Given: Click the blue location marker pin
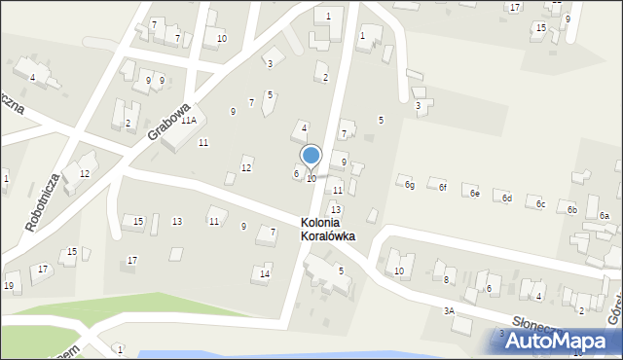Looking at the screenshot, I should (311, 156).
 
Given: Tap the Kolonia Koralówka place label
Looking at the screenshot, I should (326, 230).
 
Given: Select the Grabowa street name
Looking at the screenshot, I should (167, 120).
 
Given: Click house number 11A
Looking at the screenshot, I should (188, 120).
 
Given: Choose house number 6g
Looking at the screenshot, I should (410, 185).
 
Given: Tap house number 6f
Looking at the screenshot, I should (442, 187).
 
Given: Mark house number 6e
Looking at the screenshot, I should (474, 194).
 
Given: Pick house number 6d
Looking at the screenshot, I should (507, 198).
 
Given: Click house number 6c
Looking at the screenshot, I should (540, 204).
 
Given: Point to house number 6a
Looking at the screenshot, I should (604, 216).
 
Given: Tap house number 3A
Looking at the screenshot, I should (449, 310).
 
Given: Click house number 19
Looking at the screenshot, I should (9, 285).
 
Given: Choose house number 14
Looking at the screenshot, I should (265, 274).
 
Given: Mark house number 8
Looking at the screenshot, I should (446, 280).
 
